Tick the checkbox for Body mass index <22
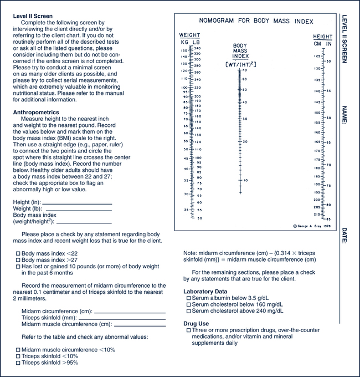tap(18, 253)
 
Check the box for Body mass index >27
tap(18, 260)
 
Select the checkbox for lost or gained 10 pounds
tap(18, 267)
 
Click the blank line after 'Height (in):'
tap(77, 203)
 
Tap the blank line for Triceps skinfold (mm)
tap(122, 319)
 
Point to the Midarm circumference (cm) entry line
tap(130, 312)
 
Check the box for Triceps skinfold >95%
tap(18, 363)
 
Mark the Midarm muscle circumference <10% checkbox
tap(18, 350)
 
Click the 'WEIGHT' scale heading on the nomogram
tap(190, 34)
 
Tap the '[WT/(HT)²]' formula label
tap(240, 64)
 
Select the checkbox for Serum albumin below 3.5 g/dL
tap(189, 298)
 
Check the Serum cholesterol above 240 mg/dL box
tap(189, 311)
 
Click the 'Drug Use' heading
tap(197, 323)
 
